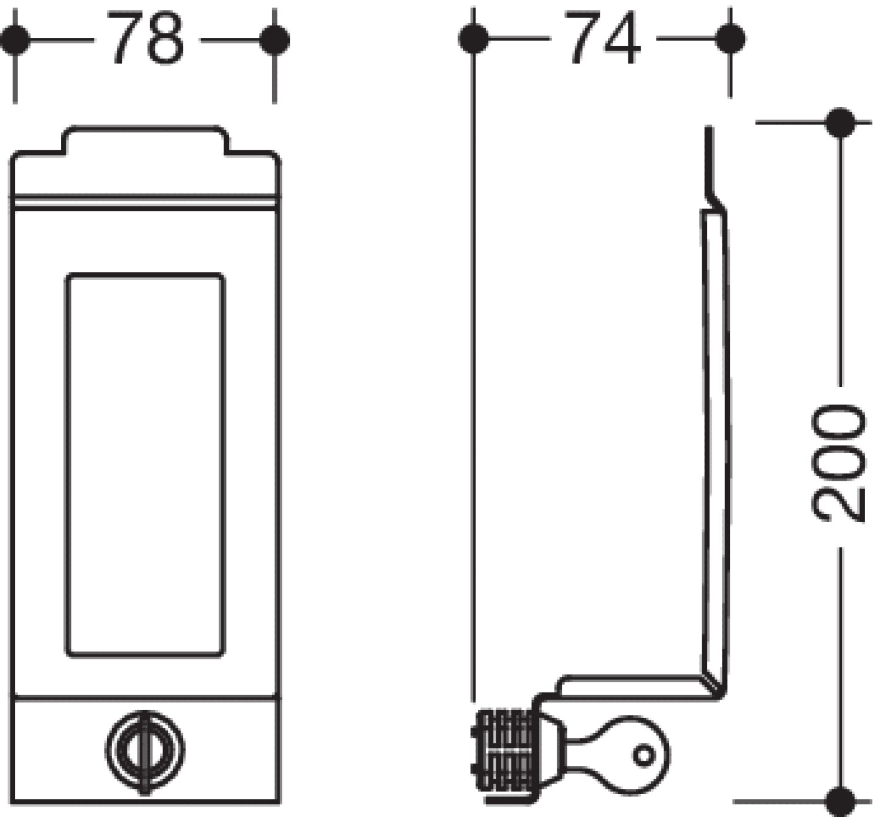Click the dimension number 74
603,37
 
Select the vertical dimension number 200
839,465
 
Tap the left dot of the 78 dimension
15,40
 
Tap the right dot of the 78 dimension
275,40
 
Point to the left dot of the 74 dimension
473,39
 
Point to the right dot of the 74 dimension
730,39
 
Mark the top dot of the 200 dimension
840,122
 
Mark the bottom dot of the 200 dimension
840,802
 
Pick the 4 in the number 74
622,37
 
